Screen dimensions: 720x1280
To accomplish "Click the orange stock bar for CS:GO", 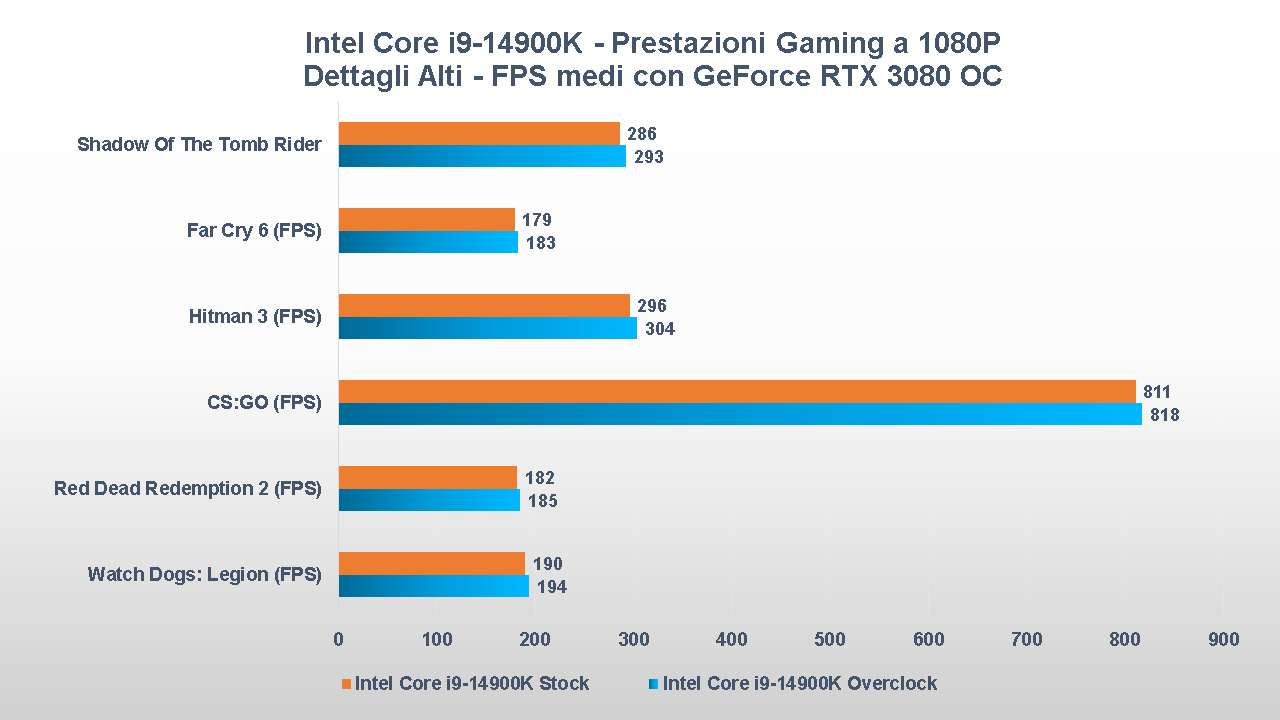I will pos(737,391).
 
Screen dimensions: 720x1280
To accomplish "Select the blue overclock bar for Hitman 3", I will pos(487,328).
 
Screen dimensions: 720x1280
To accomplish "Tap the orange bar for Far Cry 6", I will pos(426,219).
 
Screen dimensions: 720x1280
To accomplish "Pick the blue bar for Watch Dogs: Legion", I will pos(433,586).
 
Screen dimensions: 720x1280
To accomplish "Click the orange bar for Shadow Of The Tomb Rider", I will pos(479,133).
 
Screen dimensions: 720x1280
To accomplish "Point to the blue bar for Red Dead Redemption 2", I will pos(429,500).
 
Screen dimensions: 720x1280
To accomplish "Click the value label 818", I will pos(1165,414).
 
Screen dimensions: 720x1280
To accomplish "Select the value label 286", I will pos(642,134).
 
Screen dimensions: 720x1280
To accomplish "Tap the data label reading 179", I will pos(537,220).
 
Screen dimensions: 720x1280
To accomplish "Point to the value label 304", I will pos(659,328).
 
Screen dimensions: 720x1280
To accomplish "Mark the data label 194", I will pos(551,587).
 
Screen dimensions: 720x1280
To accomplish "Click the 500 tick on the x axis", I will pos(830,640).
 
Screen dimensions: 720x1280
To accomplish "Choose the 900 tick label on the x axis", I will pos(1223,640).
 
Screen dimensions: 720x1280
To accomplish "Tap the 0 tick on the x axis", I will pos(338,640).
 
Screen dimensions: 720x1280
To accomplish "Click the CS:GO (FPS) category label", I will pos(258,403).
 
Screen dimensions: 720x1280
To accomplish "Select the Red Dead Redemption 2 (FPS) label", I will pos(188,489).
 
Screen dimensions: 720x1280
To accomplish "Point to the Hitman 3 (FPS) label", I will pos(255,317).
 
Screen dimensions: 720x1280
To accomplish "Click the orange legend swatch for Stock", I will pos(346,684).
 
